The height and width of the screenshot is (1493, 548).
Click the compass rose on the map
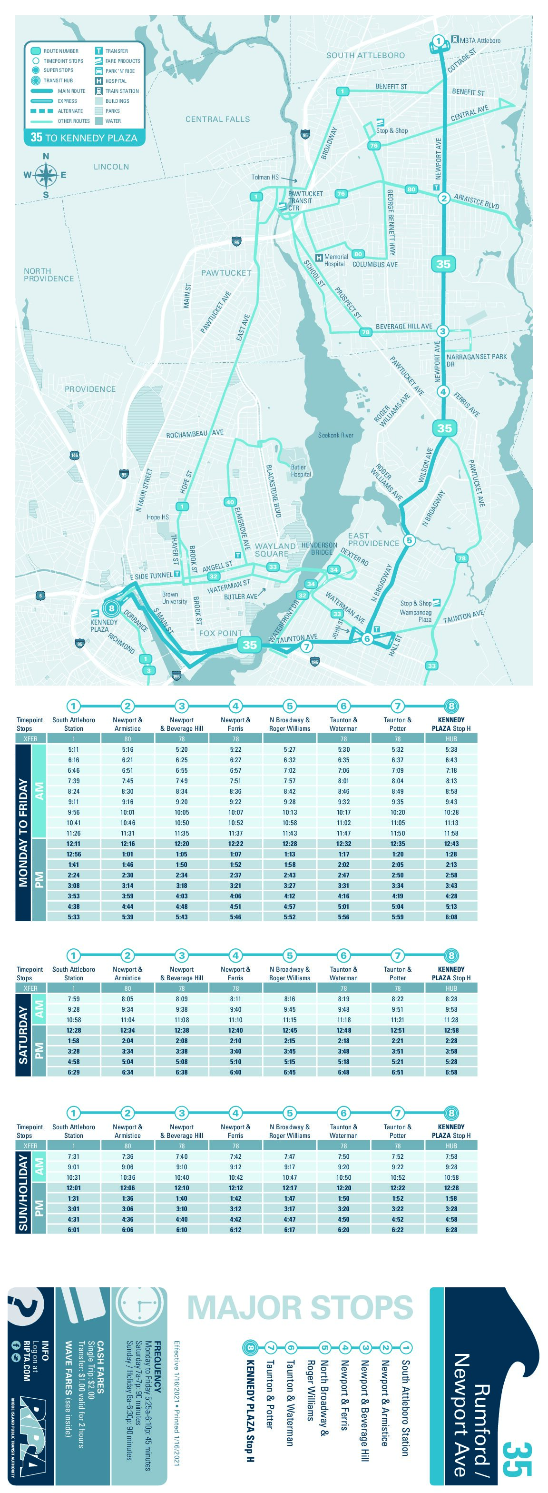tap(46, 175)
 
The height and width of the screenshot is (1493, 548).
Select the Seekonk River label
tap(335, 435)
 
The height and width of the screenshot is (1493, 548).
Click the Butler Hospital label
tap(300, 471)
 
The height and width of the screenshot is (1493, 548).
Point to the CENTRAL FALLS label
tap(218, 119)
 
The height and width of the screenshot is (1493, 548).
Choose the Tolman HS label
tap(265, 178)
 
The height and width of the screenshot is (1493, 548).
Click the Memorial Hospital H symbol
tap(319, 258)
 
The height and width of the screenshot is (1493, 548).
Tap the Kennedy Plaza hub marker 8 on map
tap(111, 608)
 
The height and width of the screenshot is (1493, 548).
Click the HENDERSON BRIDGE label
tap(319, 548)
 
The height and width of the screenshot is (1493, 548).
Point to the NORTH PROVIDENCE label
tap(49, 275)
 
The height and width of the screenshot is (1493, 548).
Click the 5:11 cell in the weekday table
tap(74, 749)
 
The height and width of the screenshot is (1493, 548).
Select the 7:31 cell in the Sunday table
tap(74, 1156)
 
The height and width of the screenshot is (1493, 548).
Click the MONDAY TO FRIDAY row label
tap(23, 832)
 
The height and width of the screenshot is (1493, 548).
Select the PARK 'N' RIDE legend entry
tap(119, 71)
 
